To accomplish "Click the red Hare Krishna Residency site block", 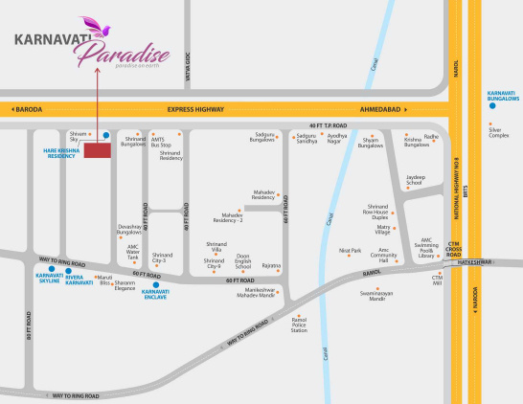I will click(97, 150).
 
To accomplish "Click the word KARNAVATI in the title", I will click(45, 40).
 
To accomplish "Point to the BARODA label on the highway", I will click(28, 109).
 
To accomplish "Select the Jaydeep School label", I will click(415, 180).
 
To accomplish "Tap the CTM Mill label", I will click(437, 281).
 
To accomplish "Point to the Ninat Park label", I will click(351, 251).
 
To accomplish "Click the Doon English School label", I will click(243, 260).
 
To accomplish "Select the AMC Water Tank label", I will click(133, 253).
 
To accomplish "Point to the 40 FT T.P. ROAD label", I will click(328, 125).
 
